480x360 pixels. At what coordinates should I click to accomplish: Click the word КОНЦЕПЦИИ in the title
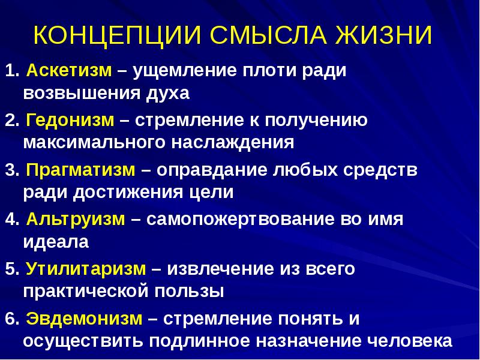pyautogui.click(x=117, y=36)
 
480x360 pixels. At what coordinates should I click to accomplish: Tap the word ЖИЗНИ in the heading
pyautogui.click(x=383, y=35)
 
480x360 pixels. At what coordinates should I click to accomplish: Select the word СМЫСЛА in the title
pyautogui.click(x=268, y=35)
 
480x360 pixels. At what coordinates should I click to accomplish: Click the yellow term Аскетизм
pyautogui.click(x=69, y=70)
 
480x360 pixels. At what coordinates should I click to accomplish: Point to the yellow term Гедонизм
pyautogui.click(x=70, y=121)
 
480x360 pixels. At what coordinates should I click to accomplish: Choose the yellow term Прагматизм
pyautogui.click(x=80, y=170)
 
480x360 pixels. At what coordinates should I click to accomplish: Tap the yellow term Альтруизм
pyautogui.click(x=76, y=220)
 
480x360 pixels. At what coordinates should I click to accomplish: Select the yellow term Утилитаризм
pyautogui.click(x=86, y=269)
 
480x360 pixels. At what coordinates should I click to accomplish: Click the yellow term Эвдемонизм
pyautogui.click(x=84, y=319)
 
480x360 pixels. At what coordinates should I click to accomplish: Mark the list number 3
pyautogui.click(x=11, y=170)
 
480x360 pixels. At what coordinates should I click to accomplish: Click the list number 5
pyautogui.click(x=11, y=269)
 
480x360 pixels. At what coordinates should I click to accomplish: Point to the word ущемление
pyautogui.click(x=185, y=71)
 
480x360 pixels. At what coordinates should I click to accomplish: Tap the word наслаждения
pyautogui.click(x=233, y=143)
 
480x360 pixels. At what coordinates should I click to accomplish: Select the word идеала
pyautogui.click(x=56, y=242)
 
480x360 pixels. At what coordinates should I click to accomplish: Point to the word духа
pyautogui.click(x=168, y=94)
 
